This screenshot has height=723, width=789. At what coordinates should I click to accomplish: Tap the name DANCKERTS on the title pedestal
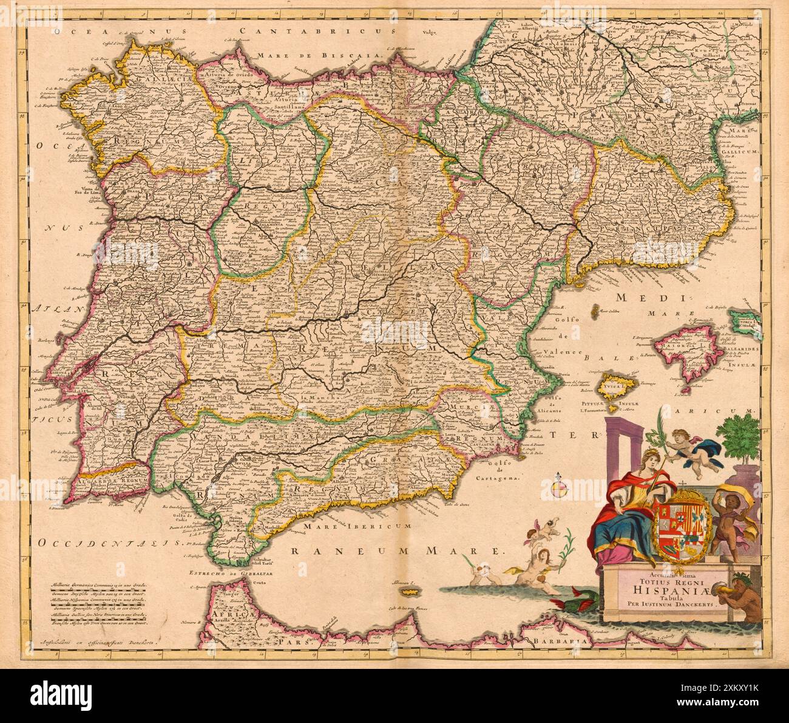click(x=691, y=605)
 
